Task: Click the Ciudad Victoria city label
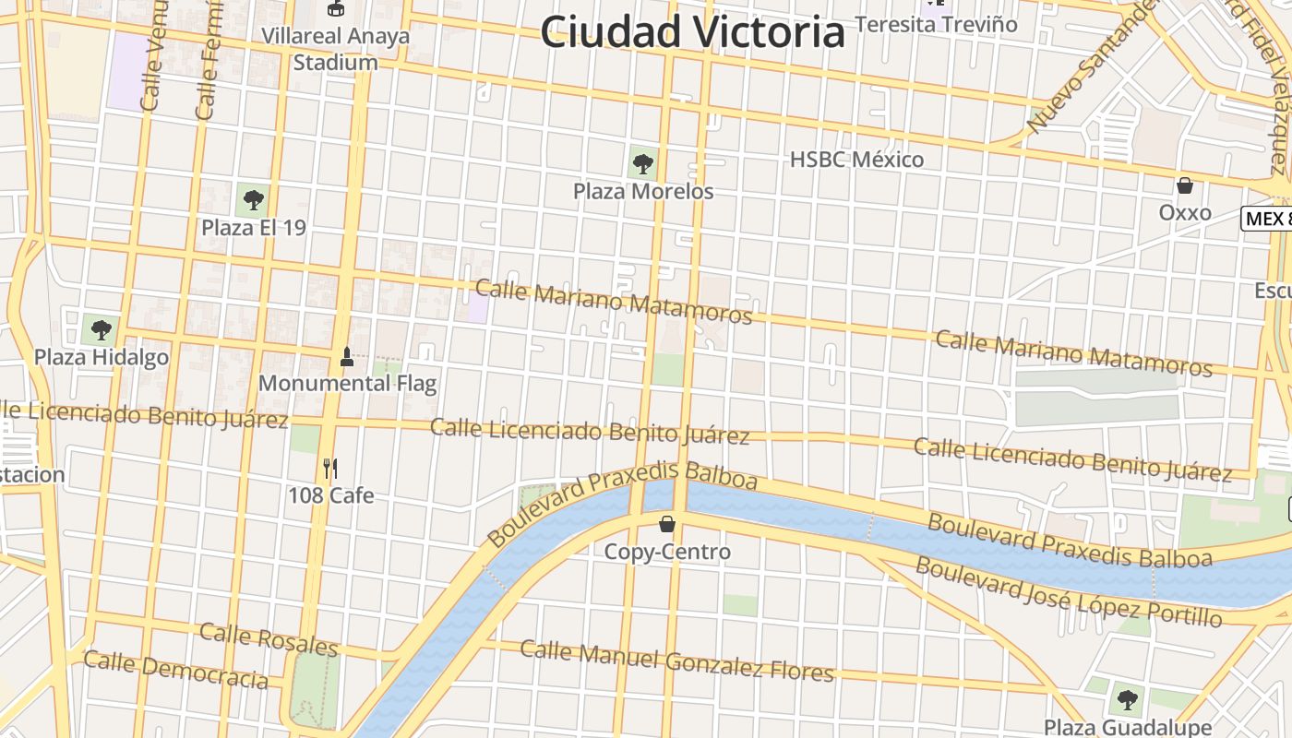[692, 32]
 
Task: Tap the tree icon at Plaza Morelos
[643, 165]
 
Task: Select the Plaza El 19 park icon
[253, 199]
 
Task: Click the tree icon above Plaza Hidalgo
[101, 328]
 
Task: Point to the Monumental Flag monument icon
[347, 356]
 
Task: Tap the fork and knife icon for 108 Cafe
[330, 469]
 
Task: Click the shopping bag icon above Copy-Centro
[667, 525]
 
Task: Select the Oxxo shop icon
[1185, 185]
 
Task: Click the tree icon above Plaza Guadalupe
[1126, 698]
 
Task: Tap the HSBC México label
[856, 160]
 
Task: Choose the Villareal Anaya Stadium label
[336, 50]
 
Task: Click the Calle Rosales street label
[269, 638]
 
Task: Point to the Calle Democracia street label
[175, 670]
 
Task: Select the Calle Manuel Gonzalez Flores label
[676, 661]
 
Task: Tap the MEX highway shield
[1266, 219]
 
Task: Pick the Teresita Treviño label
[936, 24]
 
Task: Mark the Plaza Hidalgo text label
[102, 357]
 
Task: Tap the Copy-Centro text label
[667, 552]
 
